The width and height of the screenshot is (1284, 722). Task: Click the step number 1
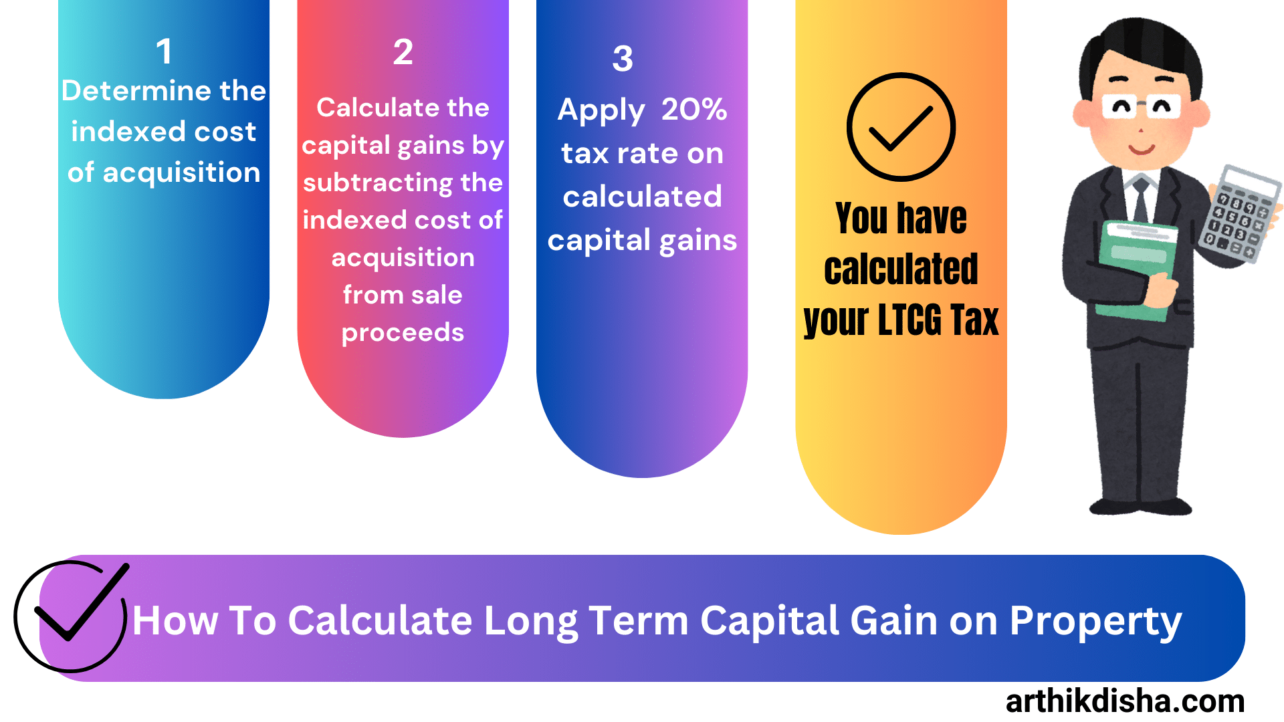click(x=164, y=51)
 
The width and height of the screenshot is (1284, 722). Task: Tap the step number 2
click(x=403, y=52)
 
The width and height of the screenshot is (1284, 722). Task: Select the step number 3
click(x=623, y=59)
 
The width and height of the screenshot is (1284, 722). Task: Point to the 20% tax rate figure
click(x=693, y=109)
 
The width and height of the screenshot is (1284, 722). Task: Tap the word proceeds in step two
click(x=403, y=333)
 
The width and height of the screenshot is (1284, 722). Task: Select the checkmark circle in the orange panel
click(x=901, y=127)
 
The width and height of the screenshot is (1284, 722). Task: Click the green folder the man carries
click(x=1137, y=267)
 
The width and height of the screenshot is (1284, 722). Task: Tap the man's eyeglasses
click(x=1141, y=106)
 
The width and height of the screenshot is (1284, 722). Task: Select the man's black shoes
click(x=1140, y=505)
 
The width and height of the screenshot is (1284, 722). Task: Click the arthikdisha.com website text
click(x=1125, y=701)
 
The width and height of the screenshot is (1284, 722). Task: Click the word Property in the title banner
click(x=1095, y=622)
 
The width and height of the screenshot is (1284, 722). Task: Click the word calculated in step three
click(x=642, y=197)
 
